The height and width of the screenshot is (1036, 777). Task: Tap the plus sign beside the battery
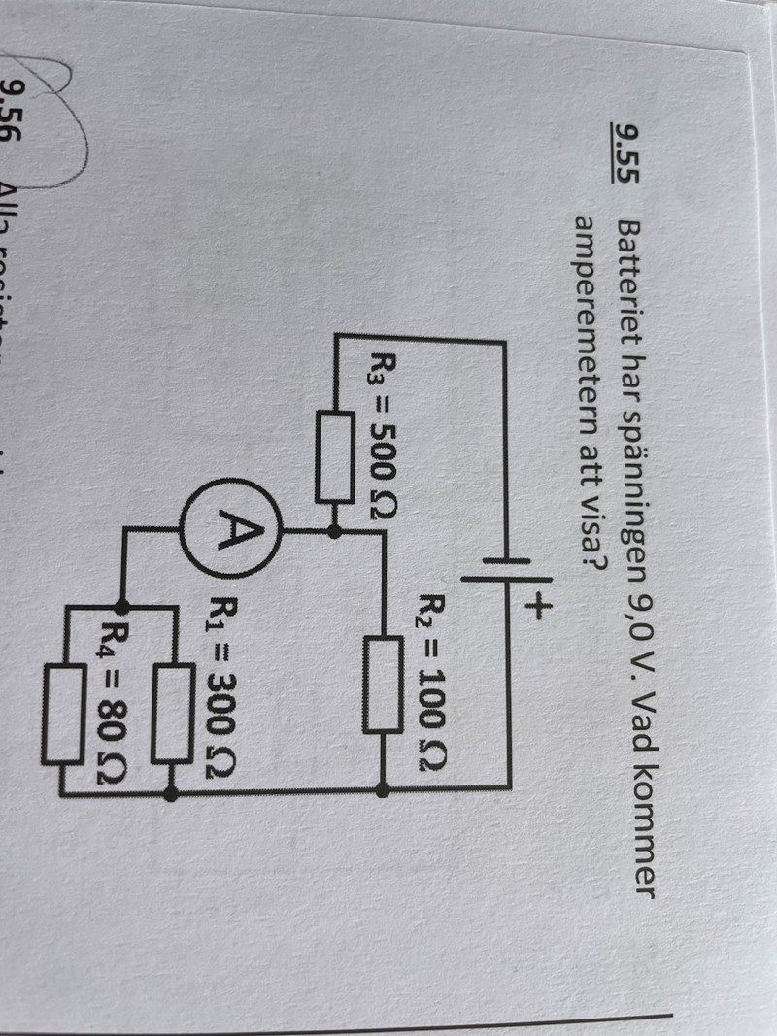coord(537,609)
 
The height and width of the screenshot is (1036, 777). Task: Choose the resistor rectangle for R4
coord(64,698)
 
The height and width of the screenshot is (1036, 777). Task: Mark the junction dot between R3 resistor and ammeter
coord(334,531)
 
